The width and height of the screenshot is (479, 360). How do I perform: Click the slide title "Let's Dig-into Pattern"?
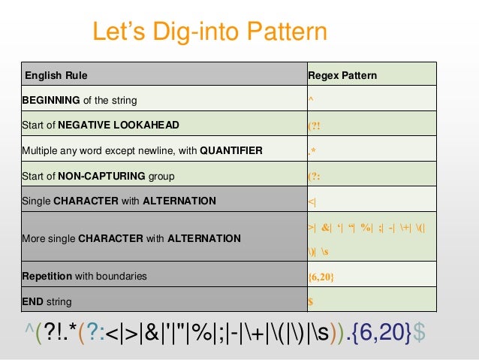[x=209, y=32]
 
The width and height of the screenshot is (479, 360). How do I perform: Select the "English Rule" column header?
[x=56, y=76]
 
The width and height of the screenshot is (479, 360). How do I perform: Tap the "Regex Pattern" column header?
[x=342, y=76]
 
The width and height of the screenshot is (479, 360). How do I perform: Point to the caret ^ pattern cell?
[x=311, y=100]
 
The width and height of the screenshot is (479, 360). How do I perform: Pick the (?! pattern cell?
[x=315, y=126]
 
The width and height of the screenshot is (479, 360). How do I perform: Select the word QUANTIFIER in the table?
[x=231, y=150]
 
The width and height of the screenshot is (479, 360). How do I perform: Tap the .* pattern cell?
[x=312, y=151]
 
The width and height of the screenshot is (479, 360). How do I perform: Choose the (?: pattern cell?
[x=315, y=177]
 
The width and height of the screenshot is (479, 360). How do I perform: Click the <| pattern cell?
[x=312, y=201]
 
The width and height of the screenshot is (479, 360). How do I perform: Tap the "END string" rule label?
[x=47, y=301]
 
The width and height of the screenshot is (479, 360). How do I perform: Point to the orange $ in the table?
[x=311, y=301]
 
